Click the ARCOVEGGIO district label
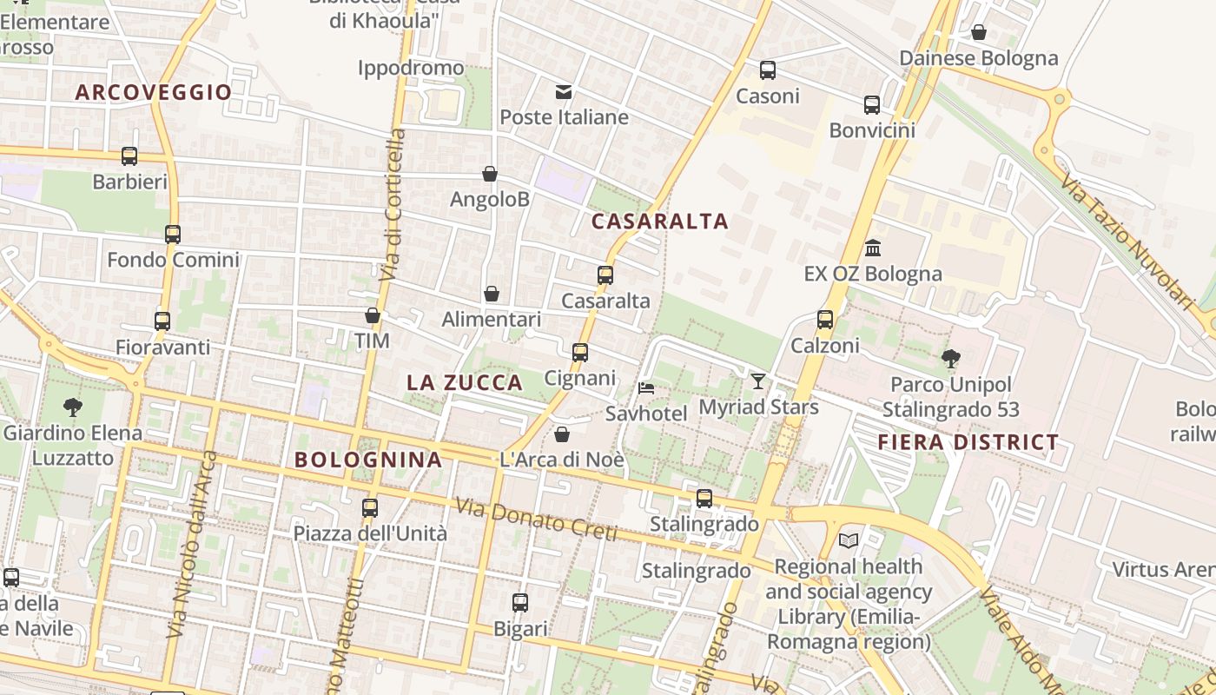click(154, 92)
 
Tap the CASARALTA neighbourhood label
click(659, 222)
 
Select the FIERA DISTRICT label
click(968, 442)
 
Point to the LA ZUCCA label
click(465, 382)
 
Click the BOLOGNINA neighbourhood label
click(368, 460)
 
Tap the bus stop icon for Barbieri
click(129, 156)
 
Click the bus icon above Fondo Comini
click(173, 234)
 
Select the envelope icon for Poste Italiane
click(564, 92)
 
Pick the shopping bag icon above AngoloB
click(490, 174)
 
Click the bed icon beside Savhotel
click(645, 387)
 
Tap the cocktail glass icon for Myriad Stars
click(758, 381)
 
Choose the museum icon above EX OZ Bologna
click(873, 248)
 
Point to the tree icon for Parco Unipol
click(951, 358)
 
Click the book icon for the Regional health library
click(849, 540)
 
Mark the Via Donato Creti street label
click(536, 519)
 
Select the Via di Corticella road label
click(393, 205)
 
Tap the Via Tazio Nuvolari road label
click(1128, 240)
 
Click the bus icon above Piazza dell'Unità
click(370, 507)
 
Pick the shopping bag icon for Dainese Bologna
click(979, 33)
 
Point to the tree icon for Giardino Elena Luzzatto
click(73, 406)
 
